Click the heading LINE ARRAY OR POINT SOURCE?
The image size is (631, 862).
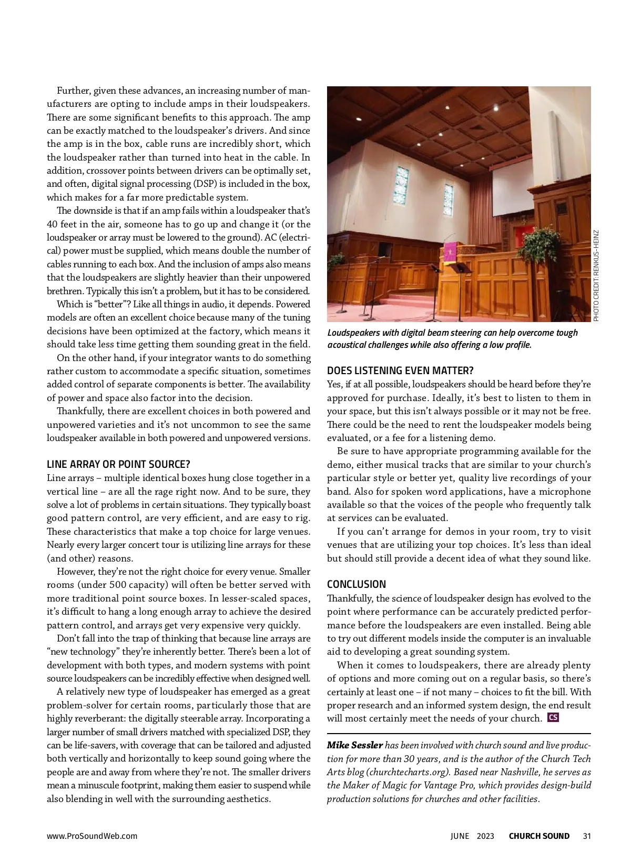(x=118, y=465)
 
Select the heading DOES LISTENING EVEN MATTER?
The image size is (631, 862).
(x=400, y=370)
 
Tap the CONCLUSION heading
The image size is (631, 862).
(x=356, y=584)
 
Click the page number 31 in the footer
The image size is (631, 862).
(x=587, y=836)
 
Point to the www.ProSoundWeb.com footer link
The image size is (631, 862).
(x=92, y=836)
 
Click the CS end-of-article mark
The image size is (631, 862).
(x=553, y=717)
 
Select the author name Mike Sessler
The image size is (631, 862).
(x=355, y=745)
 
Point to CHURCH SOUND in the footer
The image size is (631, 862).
(x=539, y=836)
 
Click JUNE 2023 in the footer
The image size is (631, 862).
(x=472, y=836)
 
